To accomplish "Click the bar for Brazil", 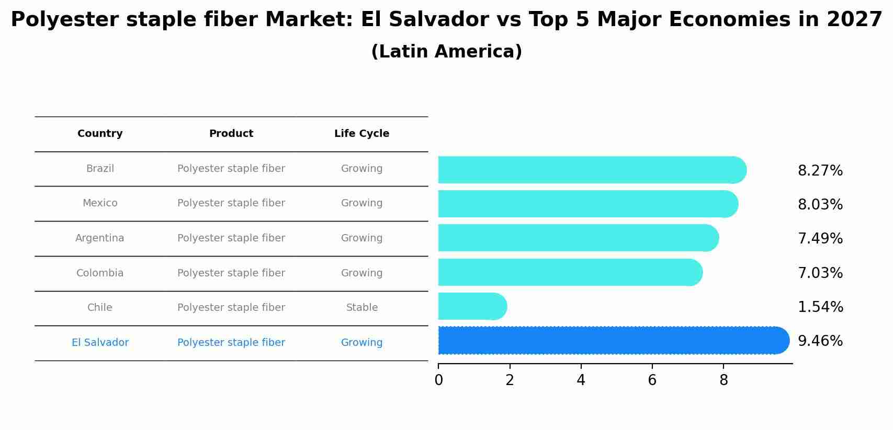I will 591,170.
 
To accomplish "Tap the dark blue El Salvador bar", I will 612,340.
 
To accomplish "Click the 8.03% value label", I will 820,205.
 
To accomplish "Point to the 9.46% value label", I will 820,341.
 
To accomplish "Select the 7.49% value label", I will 820,239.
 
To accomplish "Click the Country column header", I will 100,134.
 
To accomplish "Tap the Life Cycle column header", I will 361,134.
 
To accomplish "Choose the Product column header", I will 231,134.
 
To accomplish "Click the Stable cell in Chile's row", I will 361,308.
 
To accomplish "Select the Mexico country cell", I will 100,203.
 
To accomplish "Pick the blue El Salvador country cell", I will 100,343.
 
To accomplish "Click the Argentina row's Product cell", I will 231,238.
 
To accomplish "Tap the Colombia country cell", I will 100,273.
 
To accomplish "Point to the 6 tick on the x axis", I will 652,380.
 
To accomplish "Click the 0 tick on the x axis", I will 438,380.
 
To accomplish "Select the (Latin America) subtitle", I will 446,52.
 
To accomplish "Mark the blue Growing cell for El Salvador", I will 361,343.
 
